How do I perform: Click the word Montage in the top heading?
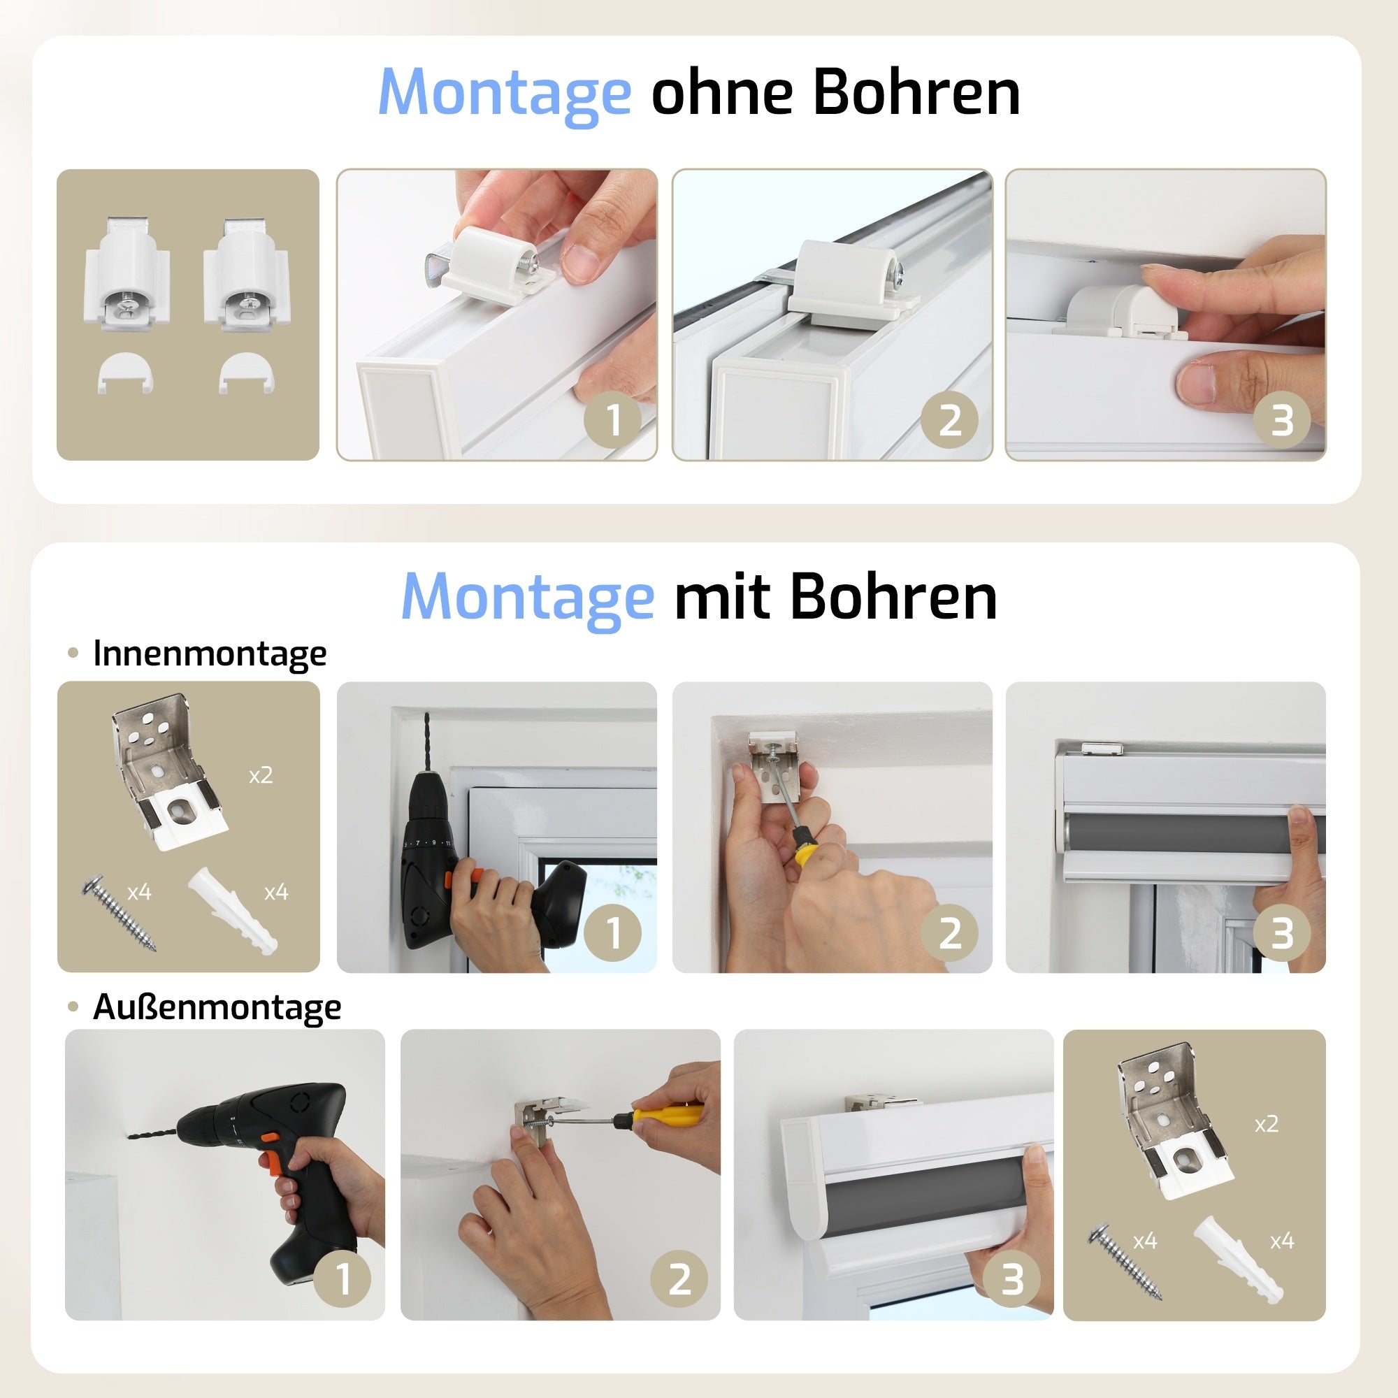(505, 93)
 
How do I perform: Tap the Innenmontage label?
(209, 654)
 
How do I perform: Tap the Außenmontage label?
(217, 1007)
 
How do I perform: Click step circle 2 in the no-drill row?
(949, 419)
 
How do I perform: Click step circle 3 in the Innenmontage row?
(1281, 932)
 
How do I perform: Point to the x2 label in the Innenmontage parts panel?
(261, 776)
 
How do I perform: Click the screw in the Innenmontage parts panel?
(120, 913)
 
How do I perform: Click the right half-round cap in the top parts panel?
(246, 372)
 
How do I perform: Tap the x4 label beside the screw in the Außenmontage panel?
(1145, 1241)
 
